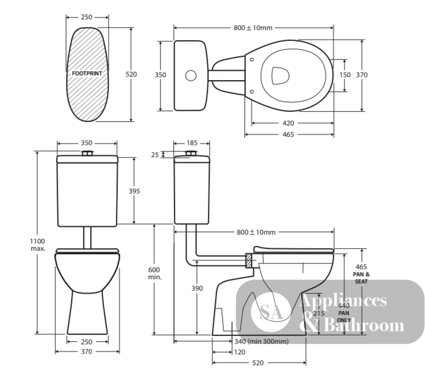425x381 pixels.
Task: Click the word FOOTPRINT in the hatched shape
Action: (x=87, y=73)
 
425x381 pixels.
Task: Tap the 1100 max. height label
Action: (x=37, y=245)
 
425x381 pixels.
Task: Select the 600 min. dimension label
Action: (x=155, y=273)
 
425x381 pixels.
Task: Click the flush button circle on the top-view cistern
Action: (x=191, y=76)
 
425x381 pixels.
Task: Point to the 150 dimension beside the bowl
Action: (x=345, y=75)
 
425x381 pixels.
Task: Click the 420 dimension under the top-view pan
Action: (x=288, y=123)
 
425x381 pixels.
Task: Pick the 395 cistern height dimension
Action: (x=134, y=191)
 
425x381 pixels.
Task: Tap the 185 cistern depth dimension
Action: (x=192, y=143)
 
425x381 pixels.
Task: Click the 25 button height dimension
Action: (x=155, y=155)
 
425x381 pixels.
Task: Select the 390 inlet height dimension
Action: (x=197, y=288)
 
